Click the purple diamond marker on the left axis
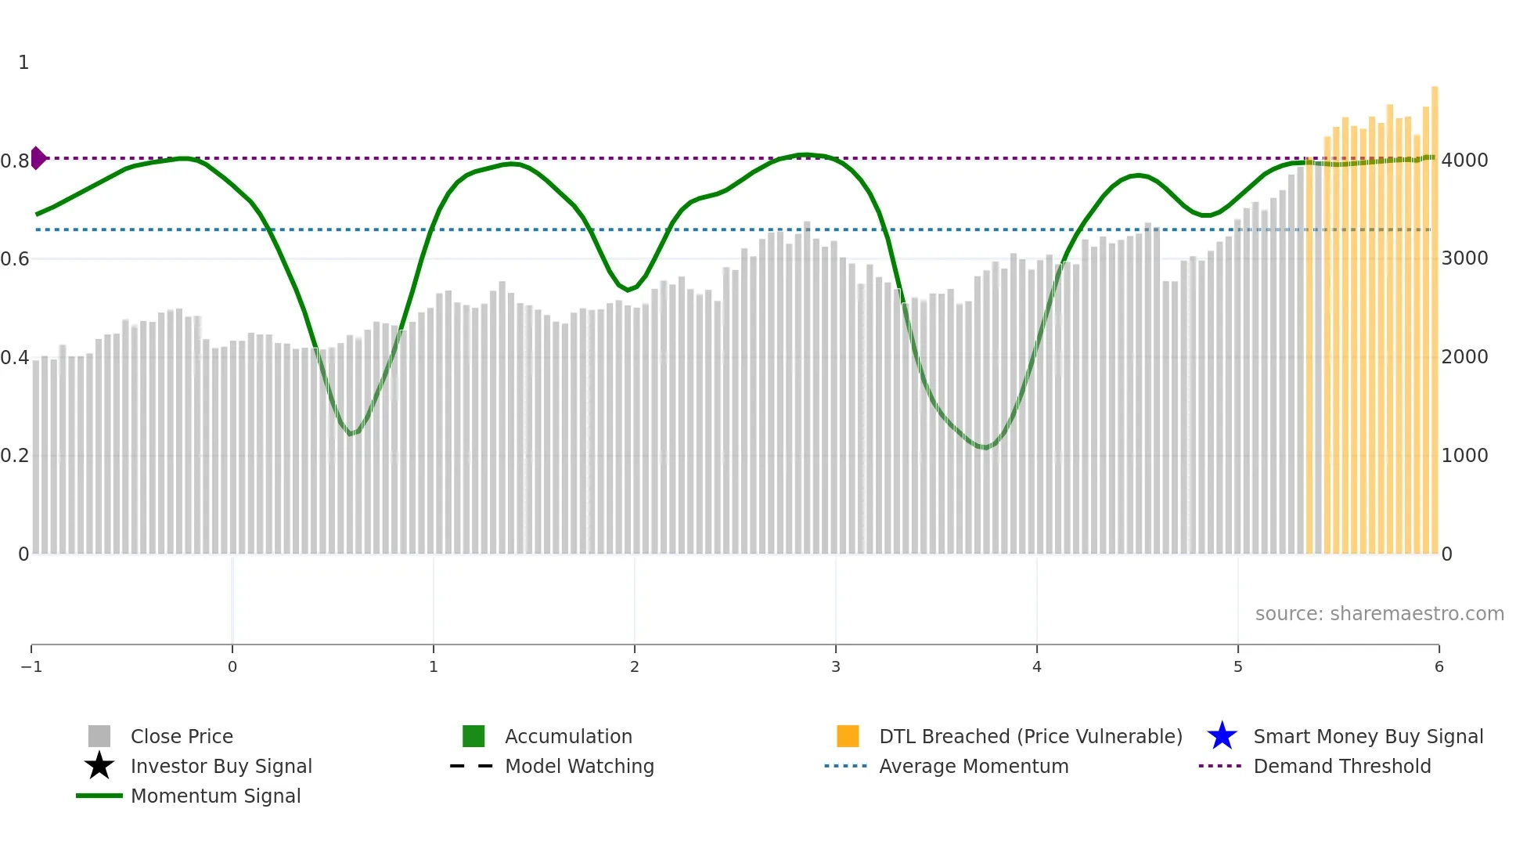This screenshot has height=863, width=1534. coord(38,158)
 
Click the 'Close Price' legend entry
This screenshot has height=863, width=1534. coord(181,736)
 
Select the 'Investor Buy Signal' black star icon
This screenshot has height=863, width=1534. coord(99,766)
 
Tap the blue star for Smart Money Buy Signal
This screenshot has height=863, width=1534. coord(1222,736)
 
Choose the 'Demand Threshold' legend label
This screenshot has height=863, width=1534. coord(1341,766)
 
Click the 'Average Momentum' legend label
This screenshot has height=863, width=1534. coord(973,766)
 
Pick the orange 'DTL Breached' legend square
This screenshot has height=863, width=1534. coord(848,736)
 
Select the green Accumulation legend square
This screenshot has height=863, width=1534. coord(474,736)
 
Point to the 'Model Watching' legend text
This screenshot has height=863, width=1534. coord(579,766)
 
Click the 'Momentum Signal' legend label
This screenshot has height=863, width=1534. coord(215,796)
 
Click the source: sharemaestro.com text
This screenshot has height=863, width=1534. coord(1379,613)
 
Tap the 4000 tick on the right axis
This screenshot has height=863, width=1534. coord(1464,161)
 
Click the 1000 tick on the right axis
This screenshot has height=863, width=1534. coord(1464,455)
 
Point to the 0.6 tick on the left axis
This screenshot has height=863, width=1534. coord(15,258)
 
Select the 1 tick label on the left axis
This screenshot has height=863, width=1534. coord(23,63)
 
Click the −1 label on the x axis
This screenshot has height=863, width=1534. coord(31,666)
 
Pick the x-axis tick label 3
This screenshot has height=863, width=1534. coord(835,666)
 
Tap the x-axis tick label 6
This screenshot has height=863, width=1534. coord(1439,666)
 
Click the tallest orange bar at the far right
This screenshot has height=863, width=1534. coord(1435,313)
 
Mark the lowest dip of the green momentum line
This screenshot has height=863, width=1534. coord(985,448)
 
